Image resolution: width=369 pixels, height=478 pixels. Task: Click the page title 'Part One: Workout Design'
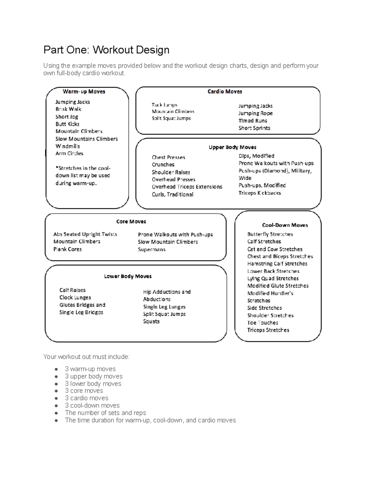point(106,50)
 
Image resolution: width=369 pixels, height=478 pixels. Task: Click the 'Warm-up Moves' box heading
point(84,91)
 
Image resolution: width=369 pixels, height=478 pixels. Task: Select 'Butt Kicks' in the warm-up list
point(67,124)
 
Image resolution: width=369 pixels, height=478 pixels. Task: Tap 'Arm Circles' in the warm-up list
point(69,153)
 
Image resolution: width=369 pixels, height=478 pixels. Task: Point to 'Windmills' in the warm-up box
point(68,146)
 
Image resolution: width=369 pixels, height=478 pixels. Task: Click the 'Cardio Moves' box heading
point(224,91)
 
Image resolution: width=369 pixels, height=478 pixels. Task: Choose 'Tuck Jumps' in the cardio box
point(164,105)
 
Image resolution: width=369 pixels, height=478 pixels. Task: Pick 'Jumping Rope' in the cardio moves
point(255,113)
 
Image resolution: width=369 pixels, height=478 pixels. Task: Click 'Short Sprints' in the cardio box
point(254,128)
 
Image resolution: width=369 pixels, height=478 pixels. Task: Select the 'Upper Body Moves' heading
point(232,147)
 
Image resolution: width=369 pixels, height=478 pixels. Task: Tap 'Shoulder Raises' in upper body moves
point(171,172)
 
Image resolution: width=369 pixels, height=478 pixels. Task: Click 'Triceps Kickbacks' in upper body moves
point(260,193)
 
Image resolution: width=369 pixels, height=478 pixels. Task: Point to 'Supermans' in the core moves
point(152,250)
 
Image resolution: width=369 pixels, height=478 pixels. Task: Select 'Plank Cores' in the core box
point(67,249)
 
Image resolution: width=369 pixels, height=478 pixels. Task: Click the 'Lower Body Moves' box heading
point(128,276)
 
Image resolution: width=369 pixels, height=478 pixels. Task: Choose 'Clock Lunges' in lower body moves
point(75,298)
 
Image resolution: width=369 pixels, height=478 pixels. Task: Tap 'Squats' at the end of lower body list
point(151,321)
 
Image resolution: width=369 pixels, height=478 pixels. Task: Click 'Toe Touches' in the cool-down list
point(263,323)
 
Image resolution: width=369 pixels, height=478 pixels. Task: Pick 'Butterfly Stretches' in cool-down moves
point(270,234)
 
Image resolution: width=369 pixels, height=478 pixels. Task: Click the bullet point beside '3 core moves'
point(56,391)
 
